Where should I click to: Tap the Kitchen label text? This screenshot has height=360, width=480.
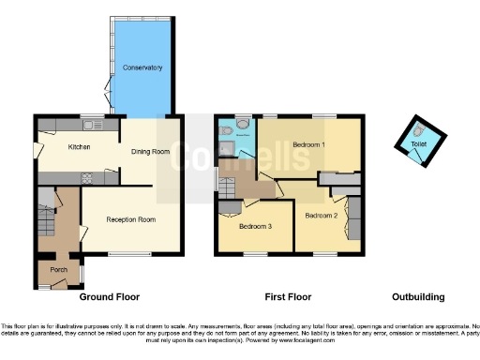[x=78, y=146]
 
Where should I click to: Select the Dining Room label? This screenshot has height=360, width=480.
[x=148, y=152]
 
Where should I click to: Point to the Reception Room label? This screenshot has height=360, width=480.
[x=130, y=219]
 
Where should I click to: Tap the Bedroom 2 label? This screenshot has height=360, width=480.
[x=321, y=216]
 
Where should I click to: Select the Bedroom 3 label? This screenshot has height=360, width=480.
[x=254, y=227]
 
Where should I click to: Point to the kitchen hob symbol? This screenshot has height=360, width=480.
[x=86, y=176]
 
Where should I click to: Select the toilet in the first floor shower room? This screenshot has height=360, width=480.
[x=243, y=123]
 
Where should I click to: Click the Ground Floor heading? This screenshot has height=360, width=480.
[x=109, y=297]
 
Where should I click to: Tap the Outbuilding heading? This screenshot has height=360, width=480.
[x=417, y=297]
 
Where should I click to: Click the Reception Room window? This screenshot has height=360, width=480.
[x=124, y=254]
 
